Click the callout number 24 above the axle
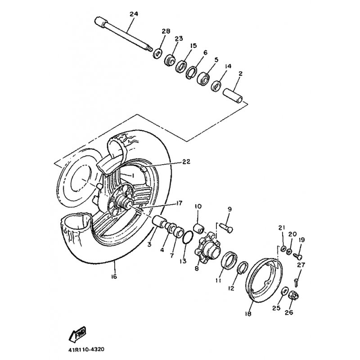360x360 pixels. [x=134, y=14]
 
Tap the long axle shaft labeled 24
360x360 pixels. [x=123, y=35]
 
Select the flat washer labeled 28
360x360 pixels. [x=157, y=54]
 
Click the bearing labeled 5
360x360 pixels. [x=203, y=77]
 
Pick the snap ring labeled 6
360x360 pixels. [x=191, y=72]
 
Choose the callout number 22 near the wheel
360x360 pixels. [x=186, y=162]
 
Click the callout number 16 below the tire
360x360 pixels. [x=114, y=276]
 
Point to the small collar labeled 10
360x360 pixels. [x=199, y=228]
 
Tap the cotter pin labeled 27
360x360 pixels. [x=296, y=282]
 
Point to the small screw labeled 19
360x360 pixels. [x=298, y=256]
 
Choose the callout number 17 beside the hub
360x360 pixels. [x=179, y=203]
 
